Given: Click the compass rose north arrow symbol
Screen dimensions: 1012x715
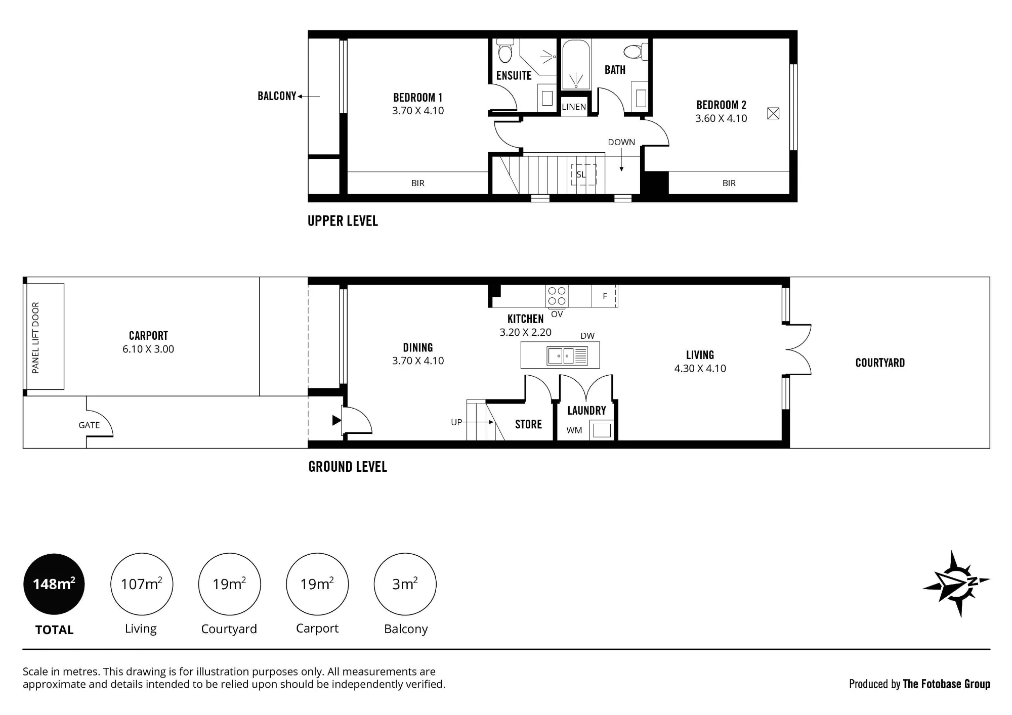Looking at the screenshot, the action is point(955,584).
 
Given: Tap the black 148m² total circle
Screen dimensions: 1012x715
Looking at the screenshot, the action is point(54,584).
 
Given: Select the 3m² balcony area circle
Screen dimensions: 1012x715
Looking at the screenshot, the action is point(405,584).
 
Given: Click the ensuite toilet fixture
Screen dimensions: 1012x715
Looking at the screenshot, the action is point(504,50).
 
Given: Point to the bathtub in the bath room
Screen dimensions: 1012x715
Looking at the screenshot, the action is point(576,65).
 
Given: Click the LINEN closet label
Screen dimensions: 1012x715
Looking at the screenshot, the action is point(574,107).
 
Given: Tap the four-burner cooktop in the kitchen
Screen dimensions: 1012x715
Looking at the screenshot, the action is point(557,296).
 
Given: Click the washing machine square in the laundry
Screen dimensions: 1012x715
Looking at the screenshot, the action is point(602,430).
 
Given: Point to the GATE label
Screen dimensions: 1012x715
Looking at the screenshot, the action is point(89,425).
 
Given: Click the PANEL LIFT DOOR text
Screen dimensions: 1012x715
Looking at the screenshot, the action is point(35,338).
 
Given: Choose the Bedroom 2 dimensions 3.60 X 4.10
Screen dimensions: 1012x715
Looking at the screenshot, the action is point(721,118).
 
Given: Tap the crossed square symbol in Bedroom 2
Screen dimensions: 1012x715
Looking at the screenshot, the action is point(773,113).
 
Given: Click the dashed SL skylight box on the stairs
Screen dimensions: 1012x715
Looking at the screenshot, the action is point(584,175).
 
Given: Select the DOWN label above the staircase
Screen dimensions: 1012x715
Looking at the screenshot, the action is point(621,142).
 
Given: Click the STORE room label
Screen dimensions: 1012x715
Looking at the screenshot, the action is point(528,424).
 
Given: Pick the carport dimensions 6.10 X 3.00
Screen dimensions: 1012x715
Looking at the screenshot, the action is point(148,349).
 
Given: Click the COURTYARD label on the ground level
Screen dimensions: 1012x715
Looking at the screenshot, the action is point(880,363).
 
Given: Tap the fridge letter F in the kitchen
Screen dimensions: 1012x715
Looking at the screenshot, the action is point(605,296).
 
